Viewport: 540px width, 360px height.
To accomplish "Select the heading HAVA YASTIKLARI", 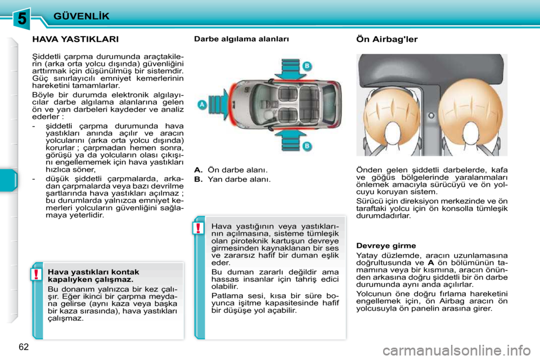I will click(75, 39).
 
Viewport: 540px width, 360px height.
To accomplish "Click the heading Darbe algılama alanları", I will click(241, 39).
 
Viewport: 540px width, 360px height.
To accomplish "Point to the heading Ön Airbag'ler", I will click(387, 39).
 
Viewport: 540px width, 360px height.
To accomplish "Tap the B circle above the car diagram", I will click(307, 66).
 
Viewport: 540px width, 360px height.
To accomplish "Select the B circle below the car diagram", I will click(307, 146).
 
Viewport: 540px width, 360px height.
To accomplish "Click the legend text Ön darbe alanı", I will click(237, 169).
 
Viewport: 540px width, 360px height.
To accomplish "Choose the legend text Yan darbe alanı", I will click(238, 179).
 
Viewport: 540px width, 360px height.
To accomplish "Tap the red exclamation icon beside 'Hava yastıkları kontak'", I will click(35, 274).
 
